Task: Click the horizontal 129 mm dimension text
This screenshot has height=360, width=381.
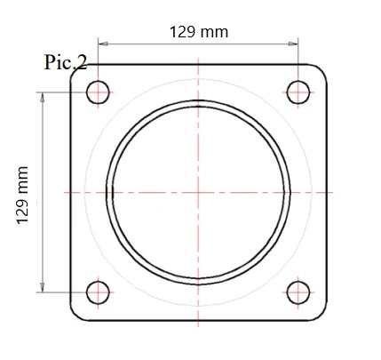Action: pos(198,32)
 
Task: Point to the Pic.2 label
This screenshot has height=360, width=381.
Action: pos(66,63)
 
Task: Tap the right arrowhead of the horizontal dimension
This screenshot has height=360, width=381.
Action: pos(295,42)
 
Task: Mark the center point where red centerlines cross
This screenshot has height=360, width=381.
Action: pos(198,191)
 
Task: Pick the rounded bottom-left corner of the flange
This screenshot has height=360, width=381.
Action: pos(78,313)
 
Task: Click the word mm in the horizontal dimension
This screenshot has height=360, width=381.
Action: pos(214,32)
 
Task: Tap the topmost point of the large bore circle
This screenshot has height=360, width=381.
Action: pos(198,100)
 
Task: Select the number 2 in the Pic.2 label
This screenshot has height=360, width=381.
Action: pos(82,63)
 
